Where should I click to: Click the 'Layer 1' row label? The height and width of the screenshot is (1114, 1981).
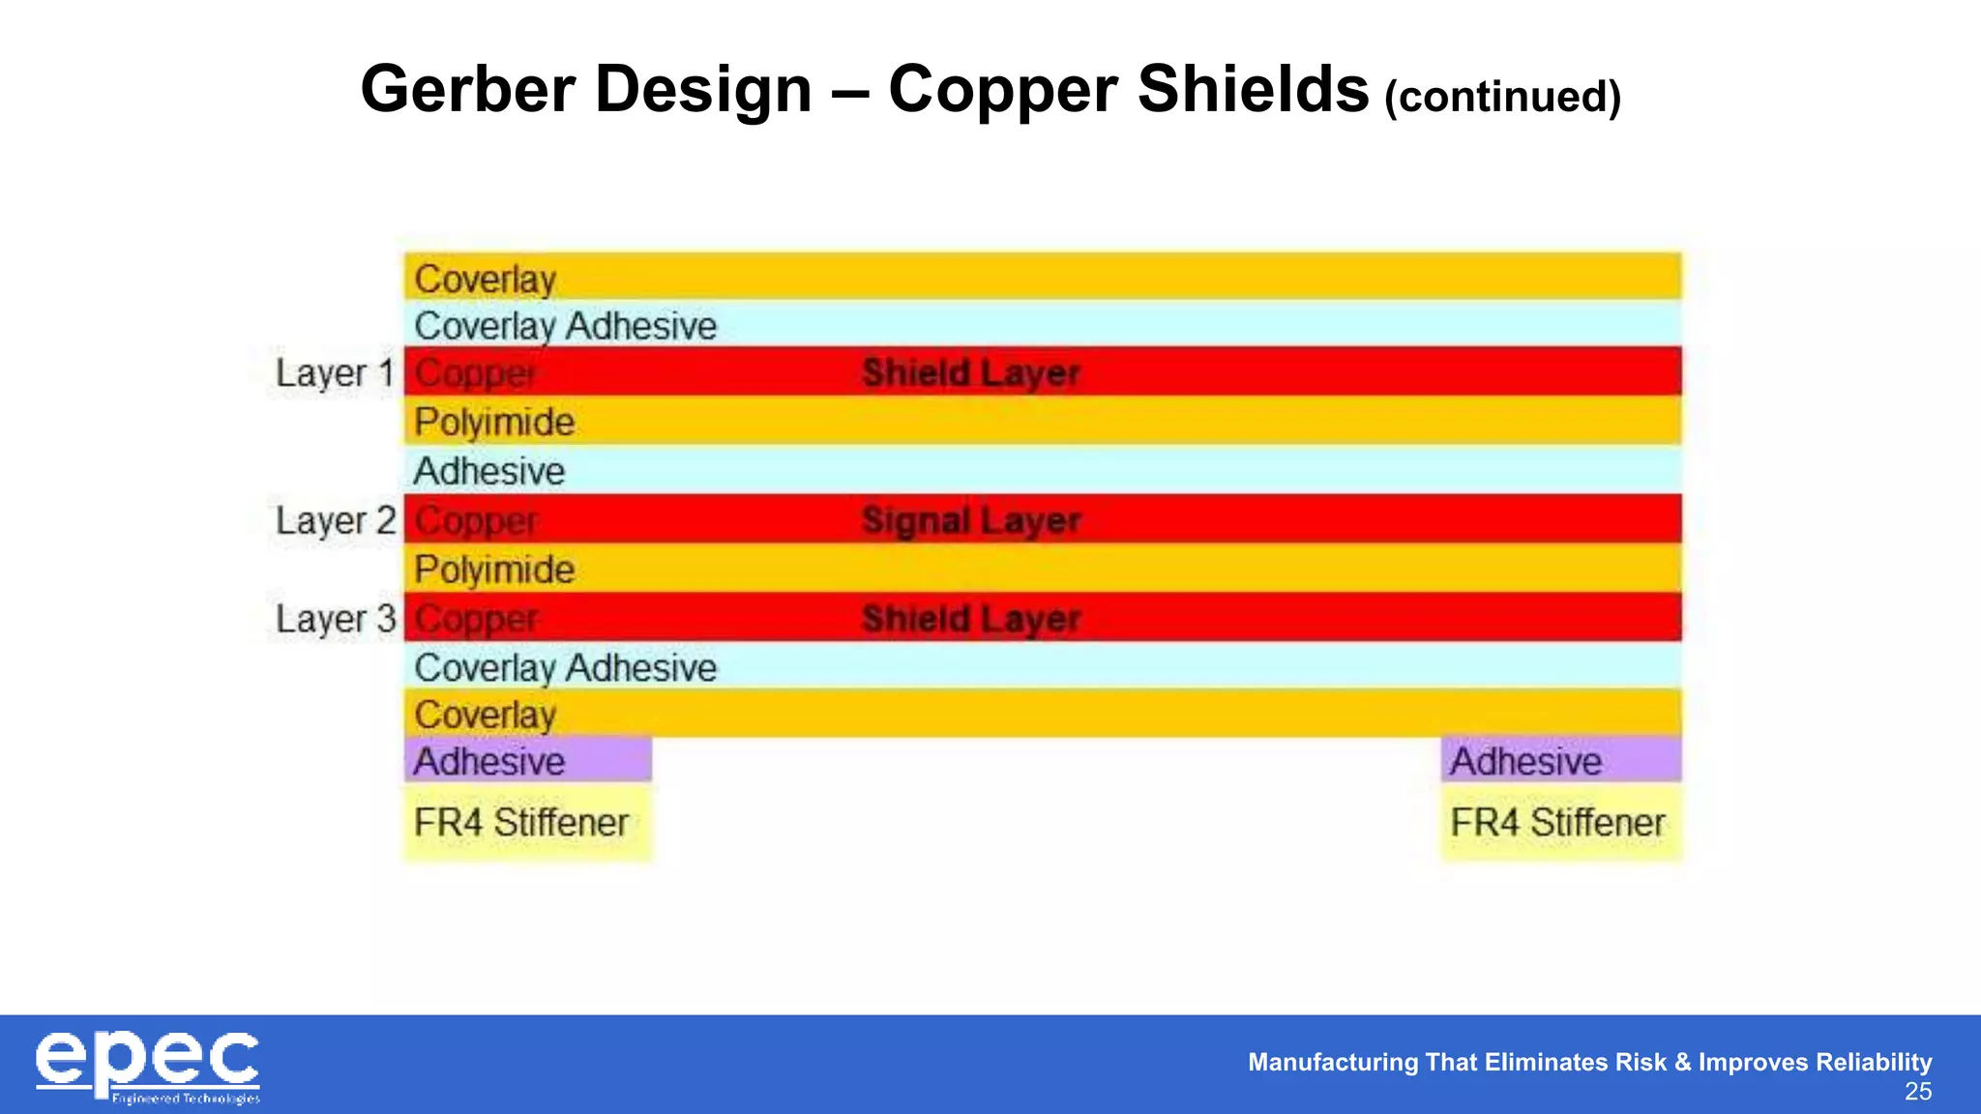[x=335, y=373]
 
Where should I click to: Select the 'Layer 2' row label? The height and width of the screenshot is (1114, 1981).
[x=335, y=521]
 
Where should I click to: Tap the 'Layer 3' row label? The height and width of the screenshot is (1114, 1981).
[x=335, y=619]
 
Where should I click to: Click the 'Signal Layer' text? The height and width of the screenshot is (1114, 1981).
[x=970, y=521]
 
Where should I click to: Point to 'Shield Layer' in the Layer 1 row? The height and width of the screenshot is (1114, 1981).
[x=970, y=373]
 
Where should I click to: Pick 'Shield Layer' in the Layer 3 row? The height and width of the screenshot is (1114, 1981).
[x=970, y=619]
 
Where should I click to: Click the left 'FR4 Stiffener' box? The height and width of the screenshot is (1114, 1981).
[x=527, y=823]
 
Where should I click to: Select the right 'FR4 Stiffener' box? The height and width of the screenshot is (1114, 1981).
[x=1560, y=823]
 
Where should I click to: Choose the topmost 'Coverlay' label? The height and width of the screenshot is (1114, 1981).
[x=485, y=279]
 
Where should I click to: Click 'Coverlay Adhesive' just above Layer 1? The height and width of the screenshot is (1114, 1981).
[x=565, y=326]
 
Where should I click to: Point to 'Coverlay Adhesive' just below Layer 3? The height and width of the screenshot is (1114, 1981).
[x=565, y=667]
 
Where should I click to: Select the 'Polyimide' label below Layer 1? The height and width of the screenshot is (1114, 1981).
[x=494, y=422]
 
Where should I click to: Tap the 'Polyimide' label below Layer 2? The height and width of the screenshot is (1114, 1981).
[x=494, y=570]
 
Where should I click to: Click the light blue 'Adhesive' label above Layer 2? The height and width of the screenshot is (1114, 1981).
[x=488, y=471]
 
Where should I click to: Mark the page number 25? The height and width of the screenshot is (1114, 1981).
[x=1917, y=1092]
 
